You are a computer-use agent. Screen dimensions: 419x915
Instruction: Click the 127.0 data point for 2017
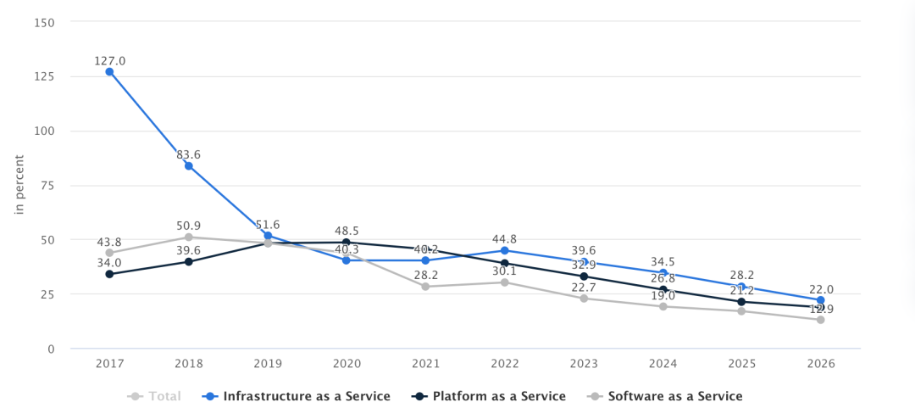(x=109, y=72)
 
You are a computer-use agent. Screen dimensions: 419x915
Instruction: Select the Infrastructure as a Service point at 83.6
(x=189, y=166)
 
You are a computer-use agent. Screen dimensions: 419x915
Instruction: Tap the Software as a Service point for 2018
(x=189, y=237)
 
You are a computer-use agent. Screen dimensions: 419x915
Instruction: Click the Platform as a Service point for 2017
(x=109, y=274)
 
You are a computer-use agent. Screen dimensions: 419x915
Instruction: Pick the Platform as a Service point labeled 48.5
(x=347, y=243)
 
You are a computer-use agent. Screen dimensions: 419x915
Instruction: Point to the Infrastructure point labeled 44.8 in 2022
(x=505, y=250)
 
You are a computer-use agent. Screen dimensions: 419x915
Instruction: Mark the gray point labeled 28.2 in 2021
(x=425, y=287)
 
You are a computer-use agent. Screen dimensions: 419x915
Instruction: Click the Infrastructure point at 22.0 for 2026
(x=821, y=300)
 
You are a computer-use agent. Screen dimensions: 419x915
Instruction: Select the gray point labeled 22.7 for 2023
(x=584, y=299)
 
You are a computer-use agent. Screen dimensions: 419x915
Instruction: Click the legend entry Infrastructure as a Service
(x=297, y=396)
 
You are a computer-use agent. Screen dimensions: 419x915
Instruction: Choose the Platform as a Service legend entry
(x=490, y=396)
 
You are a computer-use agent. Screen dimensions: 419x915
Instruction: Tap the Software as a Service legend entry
(x=666, y=396)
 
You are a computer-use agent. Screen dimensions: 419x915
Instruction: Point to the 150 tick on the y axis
(x=44, y=22)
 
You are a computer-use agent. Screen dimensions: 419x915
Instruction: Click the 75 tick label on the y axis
(x=47, y=186)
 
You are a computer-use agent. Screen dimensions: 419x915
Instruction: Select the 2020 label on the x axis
(x=347, y=364)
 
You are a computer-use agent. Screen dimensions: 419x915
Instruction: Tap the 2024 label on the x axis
(x=663, y=364)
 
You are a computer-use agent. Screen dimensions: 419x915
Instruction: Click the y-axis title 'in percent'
(x=19, y=185)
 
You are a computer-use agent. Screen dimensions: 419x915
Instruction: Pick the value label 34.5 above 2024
(x=663, y=263)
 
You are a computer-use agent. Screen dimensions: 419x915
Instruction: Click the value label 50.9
(x=189, y=226)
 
